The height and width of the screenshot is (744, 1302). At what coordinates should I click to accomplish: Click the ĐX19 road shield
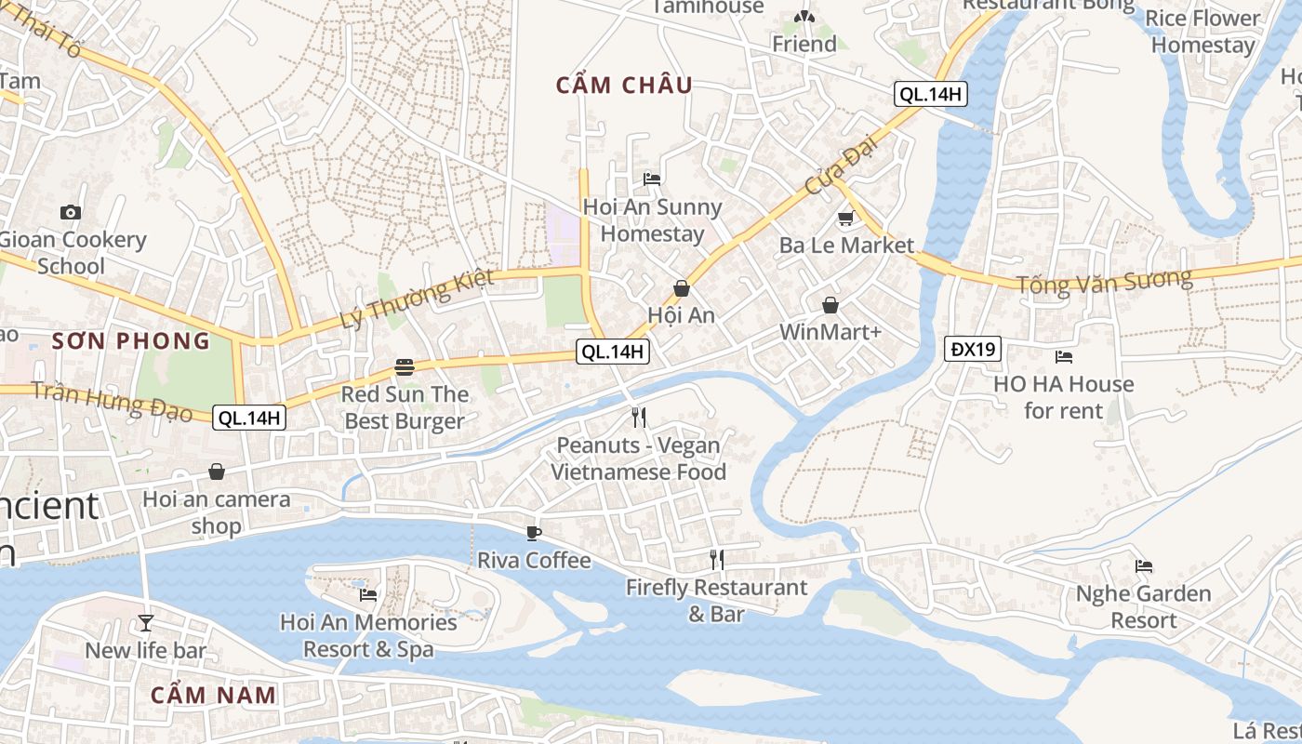point(974,350)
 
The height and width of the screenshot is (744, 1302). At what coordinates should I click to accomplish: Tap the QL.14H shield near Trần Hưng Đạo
point(249,418)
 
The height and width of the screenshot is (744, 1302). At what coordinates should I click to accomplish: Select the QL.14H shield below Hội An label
point(613,352)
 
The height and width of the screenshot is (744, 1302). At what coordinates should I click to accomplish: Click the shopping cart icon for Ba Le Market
point(845,219)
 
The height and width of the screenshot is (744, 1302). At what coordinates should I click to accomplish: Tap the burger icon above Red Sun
point(404,366)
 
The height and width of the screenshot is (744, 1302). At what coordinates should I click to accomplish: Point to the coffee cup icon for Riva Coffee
point(533,533)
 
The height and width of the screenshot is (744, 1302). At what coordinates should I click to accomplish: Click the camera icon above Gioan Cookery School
point(70,212)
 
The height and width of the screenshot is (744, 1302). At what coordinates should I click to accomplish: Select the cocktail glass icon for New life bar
point(145,622)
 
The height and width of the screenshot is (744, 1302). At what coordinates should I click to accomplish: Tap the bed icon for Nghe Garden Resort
point(1144,565)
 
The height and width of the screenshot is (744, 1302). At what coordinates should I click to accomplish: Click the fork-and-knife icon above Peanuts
point(638,417)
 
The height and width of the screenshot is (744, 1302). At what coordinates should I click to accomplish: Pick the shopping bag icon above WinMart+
point(830,305)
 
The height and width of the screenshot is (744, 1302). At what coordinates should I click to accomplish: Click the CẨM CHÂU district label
point(624,86)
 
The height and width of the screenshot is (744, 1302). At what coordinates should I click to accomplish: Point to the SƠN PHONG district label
point(131,341)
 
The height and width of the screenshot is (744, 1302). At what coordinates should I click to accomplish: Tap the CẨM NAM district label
point(214,695)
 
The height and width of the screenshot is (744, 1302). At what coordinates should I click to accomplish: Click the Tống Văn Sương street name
point(1104,281)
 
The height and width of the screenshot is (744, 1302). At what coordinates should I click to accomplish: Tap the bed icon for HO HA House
point(1063,356)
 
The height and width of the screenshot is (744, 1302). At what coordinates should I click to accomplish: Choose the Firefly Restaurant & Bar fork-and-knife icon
point(716,559)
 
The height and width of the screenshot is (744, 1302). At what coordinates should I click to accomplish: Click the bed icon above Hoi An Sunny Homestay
point(652,179)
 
